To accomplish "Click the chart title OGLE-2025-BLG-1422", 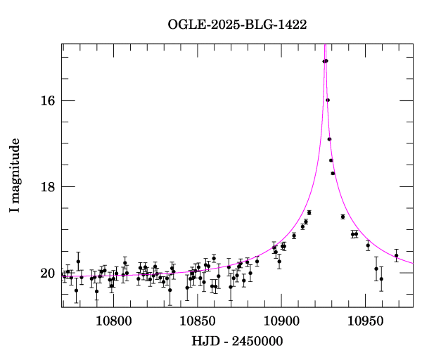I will tap(237, 24).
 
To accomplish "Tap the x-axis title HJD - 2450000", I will tap(237, 342).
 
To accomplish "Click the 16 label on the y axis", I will tap(46, 101).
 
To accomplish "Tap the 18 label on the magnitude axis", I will tap(46, 187).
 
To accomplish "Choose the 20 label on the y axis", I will tap(46, 274).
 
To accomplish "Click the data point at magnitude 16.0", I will tap(328, 100).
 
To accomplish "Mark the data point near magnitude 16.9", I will tap(329, 139).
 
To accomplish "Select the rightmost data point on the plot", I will tap(396, 256).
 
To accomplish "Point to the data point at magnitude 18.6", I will tap(309, 212).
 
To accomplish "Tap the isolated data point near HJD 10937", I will tap(343, 217).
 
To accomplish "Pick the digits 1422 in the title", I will tap(293, 24).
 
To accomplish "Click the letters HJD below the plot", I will tap(204, 342).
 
